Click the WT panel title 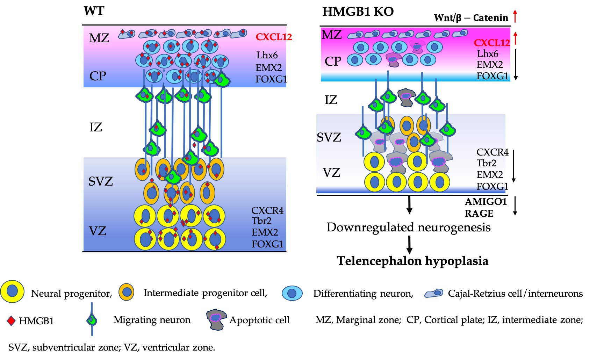click(94, 11)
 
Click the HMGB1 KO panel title click(358, 12)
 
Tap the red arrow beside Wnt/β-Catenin click(515, 16)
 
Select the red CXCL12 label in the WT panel click(273, 37)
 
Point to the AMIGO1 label click(486, 202)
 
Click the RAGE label click(479, 213)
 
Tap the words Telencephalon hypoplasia click(412, 261)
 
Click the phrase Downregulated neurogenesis click(408, 228)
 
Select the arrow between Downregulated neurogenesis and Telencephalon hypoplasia click(409, 244)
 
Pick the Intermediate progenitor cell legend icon click(127, 292)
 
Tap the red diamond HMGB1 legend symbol click(12, 321)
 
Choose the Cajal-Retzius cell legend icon click(433, 293)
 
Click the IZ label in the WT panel click(95, 127)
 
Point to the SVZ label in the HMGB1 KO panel click(329, 137)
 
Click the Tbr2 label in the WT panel click(261, 221)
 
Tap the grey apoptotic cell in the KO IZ click(406, 97)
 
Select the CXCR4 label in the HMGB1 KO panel click(492, 152)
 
